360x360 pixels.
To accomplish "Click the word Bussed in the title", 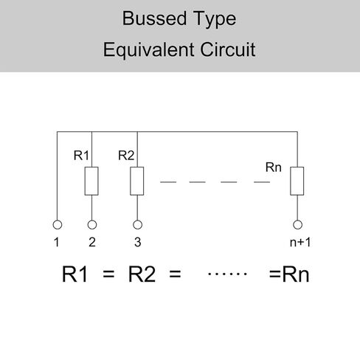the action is point(154,18).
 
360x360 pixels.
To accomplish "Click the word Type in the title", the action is point(214,19).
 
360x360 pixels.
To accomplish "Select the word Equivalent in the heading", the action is point(149,49).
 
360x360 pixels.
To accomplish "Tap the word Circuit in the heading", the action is point(228,49).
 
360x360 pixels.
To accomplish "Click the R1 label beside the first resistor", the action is point(81,156).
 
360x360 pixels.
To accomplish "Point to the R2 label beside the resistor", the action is point(126,156).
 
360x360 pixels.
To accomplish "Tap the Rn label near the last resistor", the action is point(274,167).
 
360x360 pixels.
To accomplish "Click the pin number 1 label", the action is point(57,242).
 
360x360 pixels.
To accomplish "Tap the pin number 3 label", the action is point(138,242).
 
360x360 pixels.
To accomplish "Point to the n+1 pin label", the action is point(300,242).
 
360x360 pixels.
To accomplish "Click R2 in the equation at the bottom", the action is point(142,274).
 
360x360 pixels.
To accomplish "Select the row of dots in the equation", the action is point(227,274).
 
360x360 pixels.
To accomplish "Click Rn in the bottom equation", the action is point(296,274).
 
